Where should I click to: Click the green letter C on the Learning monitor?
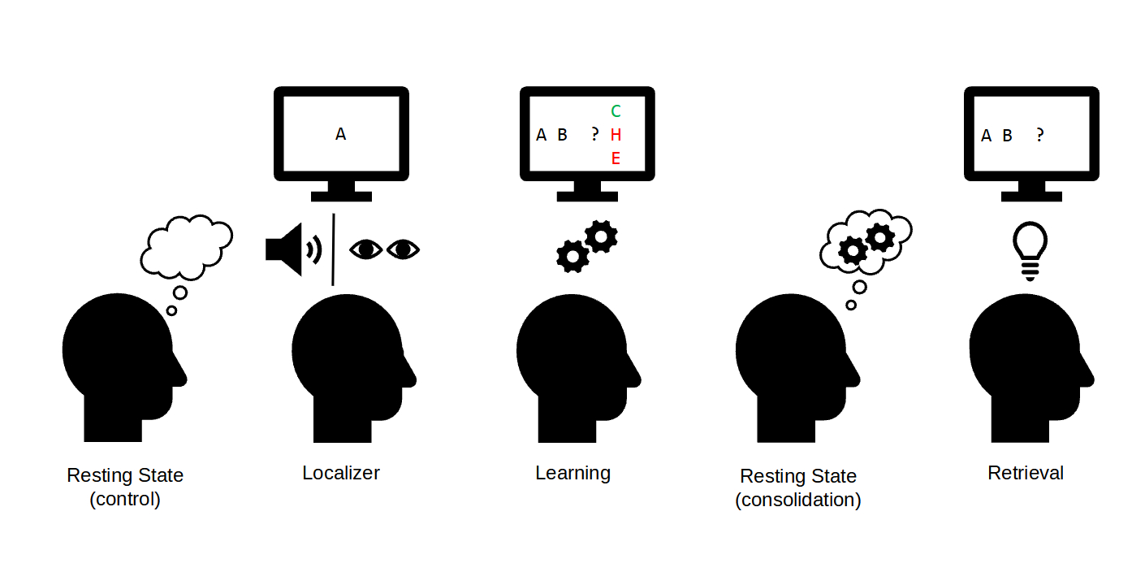point(616,111)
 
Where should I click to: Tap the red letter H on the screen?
point(616,135)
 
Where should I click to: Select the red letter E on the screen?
point(616,158)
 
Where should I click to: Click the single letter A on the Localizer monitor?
point(341,134)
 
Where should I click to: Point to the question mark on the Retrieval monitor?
point(1039,135)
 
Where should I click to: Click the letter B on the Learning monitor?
point(562,135)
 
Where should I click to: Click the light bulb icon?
point(1030,249)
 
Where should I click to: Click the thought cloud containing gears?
point(866,242)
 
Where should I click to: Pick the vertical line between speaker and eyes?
point(333,250)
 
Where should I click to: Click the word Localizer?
point(341,473)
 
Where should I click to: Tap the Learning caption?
point(572,473)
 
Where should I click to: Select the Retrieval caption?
point(1026,473)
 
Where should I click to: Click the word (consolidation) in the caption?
point(798,500)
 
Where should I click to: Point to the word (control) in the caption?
point(125,499)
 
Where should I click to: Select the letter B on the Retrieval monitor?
point(1007,136)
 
